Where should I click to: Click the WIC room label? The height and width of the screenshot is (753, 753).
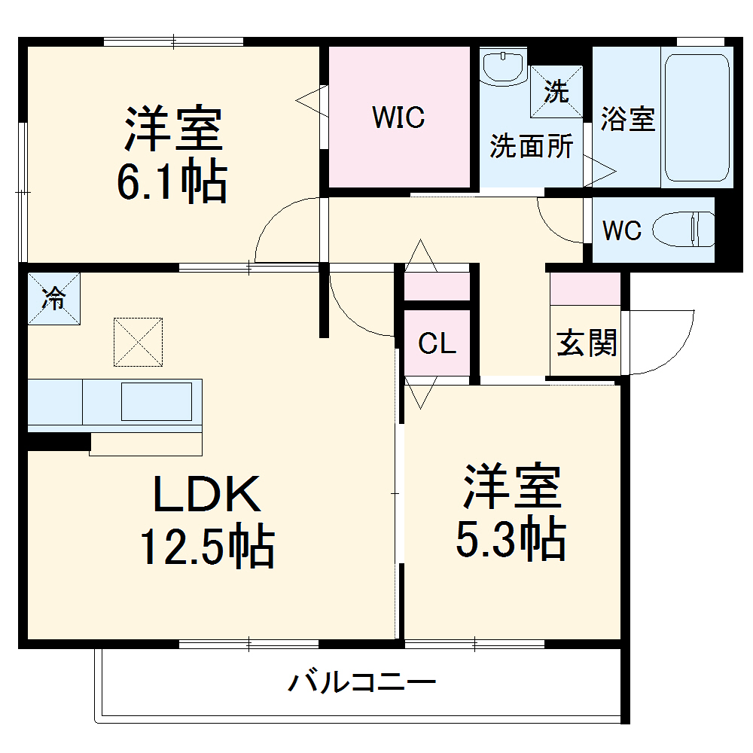click(x=398, y=117)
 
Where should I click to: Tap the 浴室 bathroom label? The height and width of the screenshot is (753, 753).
click(x=627, y=119)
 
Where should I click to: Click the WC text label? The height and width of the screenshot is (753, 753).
click(x=621, y=230)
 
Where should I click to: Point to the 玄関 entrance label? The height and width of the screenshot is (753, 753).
click(x=587, y=343)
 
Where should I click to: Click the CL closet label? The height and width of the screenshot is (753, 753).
click(x=437, y=344)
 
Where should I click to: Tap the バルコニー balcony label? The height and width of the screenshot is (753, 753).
click(x=362, y=684)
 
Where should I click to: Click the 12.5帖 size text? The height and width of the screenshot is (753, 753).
click(x=206, y=547)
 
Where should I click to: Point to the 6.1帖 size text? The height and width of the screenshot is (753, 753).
click(x=172, y=181)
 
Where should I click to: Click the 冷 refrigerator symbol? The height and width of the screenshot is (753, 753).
click(x=53, y=298)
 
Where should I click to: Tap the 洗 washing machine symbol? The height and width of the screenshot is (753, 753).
click(x=556, y=92)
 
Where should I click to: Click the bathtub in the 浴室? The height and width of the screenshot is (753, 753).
click(x=698, y=117)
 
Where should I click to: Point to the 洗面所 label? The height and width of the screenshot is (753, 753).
click(x=532, y=146)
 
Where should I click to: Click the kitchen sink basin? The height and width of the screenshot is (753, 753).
click(x=157, y=401)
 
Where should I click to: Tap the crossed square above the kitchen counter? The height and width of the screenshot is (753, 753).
click(x=138, y=342)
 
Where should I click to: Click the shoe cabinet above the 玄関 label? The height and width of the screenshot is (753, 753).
click(x=585, y=288)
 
